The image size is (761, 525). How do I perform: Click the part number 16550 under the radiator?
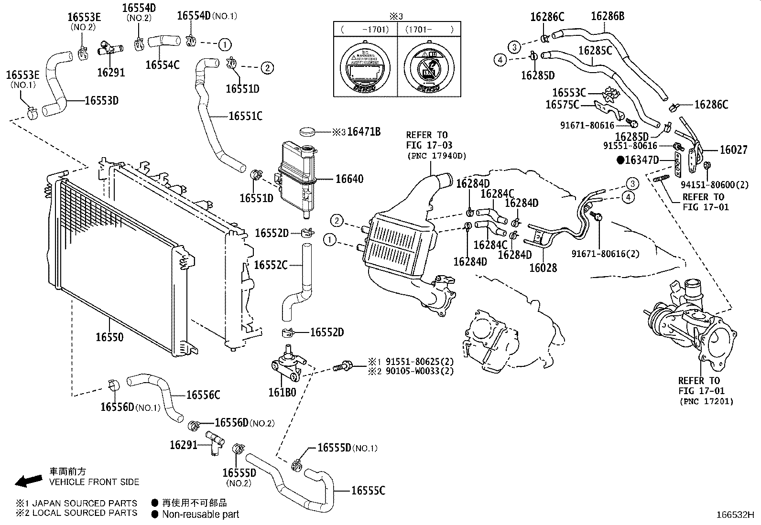(x=109, y=337)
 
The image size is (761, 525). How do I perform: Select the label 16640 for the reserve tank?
(x=349, y=179)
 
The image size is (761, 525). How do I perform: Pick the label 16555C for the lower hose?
(x=368, y=491)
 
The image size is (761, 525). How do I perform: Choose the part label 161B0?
(x=282, y=393)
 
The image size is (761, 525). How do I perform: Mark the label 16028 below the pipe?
(x=543, y=268)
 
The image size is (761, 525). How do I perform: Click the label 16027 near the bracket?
(x=734, y=150)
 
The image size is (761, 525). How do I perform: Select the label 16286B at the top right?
(x=608, y=16)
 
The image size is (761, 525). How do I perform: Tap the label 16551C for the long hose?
(x=245, y=116)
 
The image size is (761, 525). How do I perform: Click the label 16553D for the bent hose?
(x=101, y=100)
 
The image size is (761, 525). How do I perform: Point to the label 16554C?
(x=163, y=65)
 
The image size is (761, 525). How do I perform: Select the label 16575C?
(x=562, y=104)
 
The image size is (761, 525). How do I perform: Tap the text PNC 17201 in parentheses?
(x=706, y=401)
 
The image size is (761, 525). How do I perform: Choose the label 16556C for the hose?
(x=203, y=395)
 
